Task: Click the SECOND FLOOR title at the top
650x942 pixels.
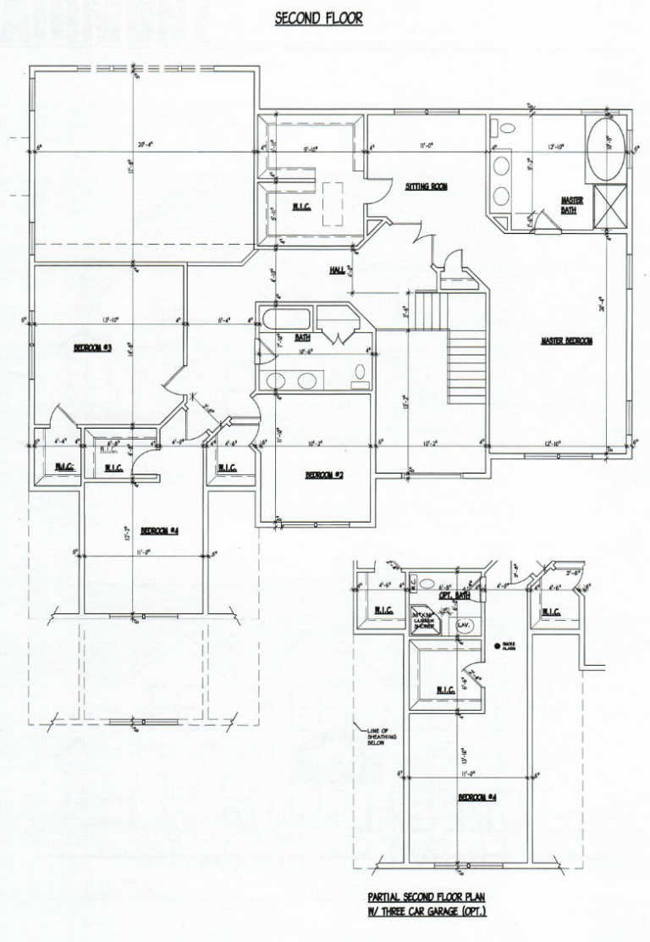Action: pyautogui.click(x=319, y=18)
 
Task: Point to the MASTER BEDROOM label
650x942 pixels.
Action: pyautogui.click(x=566, y=341)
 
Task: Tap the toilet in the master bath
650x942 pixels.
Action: pyautogui.click(x=506, y=129)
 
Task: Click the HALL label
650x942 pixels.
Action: pyautogui.click(x=337, y=270)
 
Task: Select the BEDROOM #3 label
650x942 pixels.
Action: pyautogui.click(x=93, y=348)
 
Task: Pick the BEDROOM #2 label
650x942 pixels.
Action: pyautogui.click(x=323, y=475)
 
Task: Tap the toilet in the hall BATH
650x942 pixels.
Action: pyautogui.click(x=360, y=371)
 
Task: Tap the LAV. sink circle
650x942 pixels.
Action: pyautogui.click(x=464, y=625)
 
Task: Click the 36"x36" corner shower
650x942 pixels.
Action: pyautogui.click(x=423, y=619)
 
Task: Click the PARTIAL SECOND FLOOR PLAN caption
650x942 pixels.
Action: pyautogui.click(x=427, y=904)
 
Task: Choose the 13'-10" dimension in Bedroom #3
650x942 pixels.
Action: pyautogui.click(x=110, y=320)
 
